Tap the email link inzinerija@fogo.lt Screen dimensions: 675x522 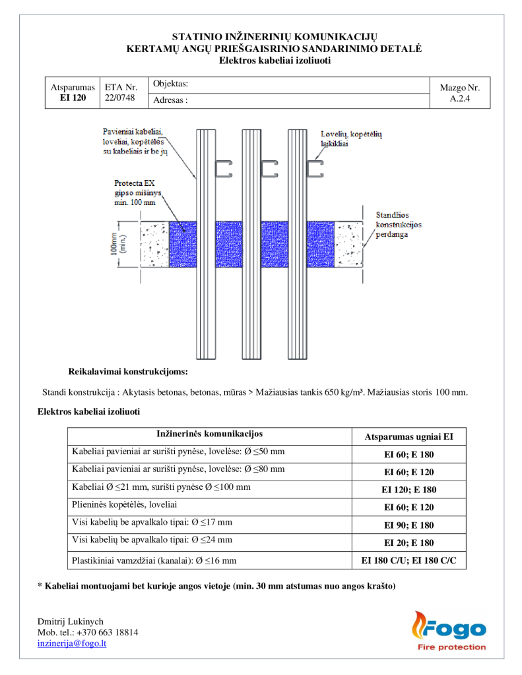tap(72, 643)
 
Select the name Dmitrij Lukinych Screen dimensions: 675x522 tap(71, 621)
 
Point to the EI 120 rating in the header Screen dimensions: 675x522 tap(73, 98)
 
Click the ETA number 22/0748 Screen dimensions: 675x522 tap(119, 98)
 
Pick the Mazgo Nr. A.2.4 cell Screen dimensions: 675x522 tap(459, 93)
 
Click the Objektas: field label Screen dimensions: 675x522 tap(170, 84)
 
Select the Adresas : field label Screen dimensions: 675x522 tap(170, 100)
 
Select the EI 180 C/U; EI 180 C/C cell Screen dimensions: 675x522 tap(408, 560)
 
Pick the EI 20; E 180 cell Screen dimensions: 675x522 tap(408, 543)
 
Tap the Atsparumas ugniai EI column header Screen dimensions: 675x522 tap(408, 437)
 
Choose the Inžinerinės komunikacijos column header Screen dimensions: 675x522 tap(209, 434)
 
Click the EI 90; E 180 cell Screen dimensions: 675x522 tap(408, 525)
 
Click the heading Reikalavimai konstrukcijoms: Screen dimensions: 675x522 tap(128, 371)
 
